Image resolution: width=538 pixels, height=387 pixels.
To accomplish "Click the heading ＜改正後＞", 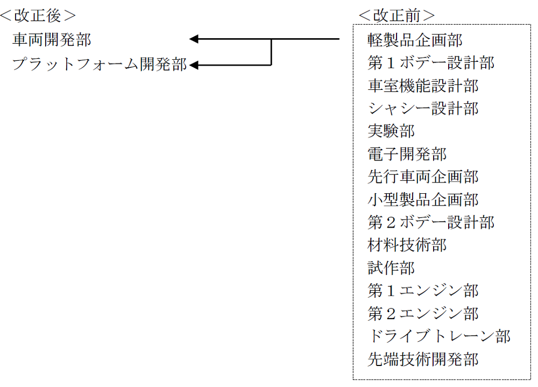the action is tap(38, 16).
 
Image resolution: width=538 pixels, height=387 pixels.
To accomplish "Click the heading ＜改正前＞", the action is tap(397, 16).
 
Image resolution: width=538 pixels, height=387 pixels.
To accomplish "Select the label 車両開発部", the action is tap(52, 39).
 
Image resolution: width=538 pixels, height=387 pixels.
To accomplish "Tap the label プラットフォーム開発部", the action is tap(100, 64).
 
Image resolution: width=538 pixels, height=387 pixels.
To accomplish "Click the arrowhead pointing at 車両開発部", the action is tap(194, 39).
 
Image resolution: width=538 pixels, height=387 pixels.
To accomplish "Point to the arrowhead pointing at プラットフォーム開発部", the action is tap(194, 65).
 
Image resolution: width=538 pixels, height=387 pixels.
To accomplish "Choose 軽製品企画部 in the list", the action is tap(415, 40).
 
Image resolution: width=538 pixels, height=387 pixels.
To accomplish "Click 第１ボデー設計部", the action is tap(431, 63).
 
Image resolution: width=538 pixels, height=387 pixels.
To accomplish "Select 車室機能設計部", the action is tap(423, 86).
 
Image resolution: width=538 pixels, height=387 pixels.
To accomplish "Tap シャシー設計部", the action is tap(423, 108).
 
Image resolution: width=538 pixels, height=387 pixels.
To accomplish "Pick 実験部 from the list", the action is tap(391, 131).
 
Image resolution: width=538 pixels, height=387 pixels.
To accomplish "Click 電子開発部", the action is tap(407, 154).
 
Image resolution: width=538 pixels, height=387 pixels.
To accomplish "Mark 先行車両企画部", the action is tap(423, 177).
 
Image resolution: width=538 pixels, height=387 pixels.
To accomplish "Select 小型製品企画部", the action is tap(423, 200).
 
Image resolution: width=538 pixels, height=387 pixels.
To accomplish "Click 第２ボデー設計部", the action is tap(431, 222).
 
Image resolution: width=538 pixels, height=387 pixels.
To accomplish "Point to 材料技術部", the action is tap(407, 245).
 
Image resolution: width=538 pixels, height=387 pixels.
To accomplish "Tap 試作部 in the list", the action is tap(391, 268).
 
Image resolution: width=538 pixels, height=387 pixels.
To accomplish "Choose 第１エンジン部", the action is tap(423, 291).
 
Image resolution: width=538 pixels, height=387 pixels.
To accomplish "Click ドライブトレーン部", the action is tap(439, 336).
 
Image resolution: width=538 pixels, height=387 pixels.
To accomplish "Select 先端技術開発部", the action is tap(423, 359).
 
